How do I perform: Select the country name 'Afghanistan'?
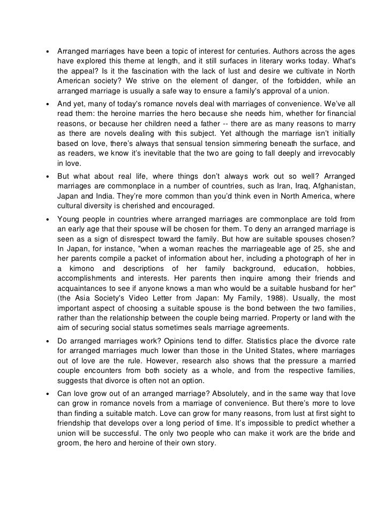point(329,186)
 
